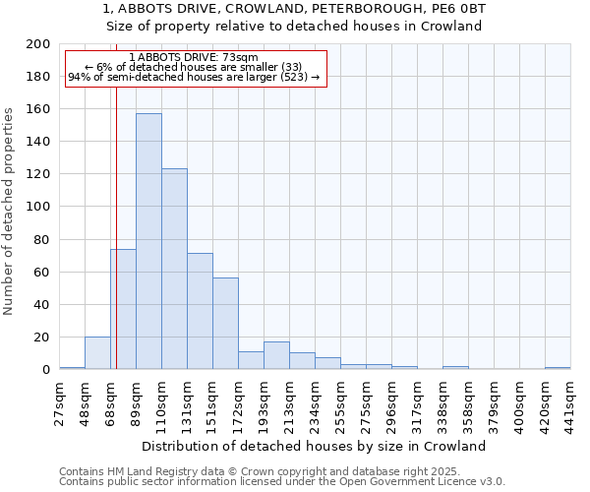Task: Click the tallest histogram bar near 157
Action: click(x=148, y=241)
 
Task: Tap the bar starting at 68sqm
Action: click(x=123, y=309)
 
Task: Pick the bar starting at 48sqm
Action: click(x=97, y=352)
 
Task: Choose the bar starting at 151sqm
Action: click(x=225, y=324)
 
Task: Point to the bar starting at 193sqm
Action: click(x=276, y=355)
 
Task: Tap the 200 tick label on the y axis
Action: click(x=39, y=44)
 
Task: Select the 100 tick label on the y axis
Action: click(x=39, y=207)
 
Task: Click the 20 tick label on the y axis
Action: click(x=42, y=337)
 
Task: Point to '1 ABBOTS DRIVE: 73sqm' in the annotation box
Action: click(x=193, y=58)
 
